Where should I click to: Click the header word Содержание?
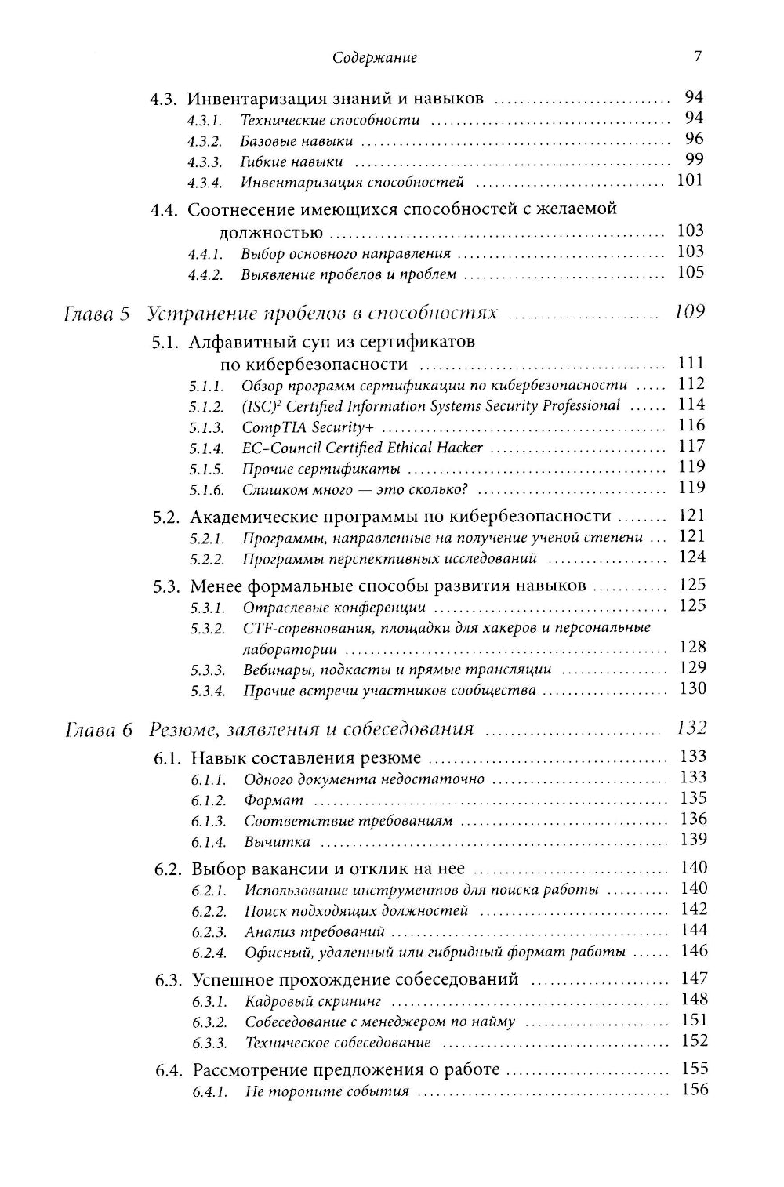pos(375,57)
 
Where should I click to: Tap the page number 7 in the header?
pos(697,56)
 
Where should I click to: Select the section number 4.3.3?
pos(204,162)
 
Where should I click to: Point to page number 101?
pos(690,180)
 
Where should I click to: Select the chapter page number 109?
pos(689,312)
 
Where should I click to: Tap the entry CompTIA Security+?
pos(308,428)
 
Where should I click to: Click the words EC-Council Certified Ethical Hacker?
pos(362,448)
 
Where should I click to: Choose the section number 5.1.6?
pos(206,490)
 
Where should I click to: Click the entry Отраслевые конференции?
pos(334,608)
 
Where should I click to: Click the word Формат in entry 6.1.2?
pos(274,800)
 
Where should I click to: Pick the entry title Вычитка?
pos(277,842)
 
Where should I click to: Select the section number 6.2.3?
pos(209,932)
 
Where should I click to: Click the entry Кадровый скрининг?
pos(313,1002)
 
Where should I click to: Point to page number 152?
pos(695,1041)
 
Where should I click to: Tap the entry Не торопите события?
pos(327,1092)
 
